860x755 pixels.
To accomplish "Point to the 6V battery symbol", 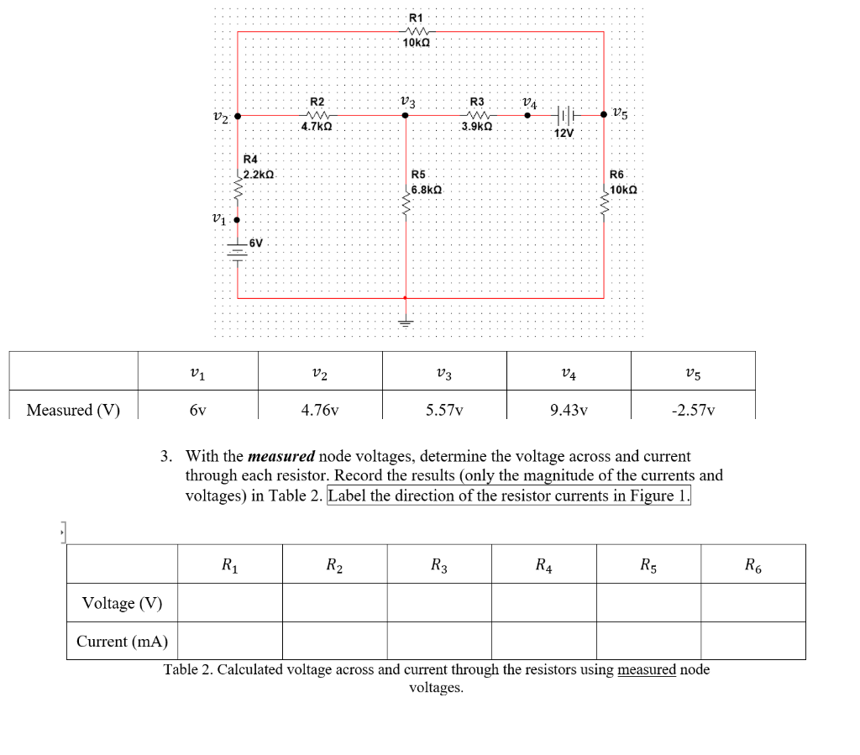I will coord(239,249).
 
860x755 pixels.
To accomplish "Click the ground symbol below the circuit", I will coord(406,322).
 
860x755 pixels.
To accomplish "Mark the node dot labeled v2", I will coord(239,116).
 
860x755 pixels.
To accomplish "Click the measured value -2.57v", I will coord(692,411).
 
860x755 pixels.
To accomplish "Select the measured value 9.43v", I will coord(568,411).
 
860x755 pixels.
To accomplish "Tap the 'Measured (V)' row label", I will coord(73,411).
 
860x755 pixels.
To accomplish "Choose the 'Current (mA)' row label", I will coord(122,642).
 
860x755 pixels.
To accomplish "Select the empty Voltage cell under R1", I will coord(229,603).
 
